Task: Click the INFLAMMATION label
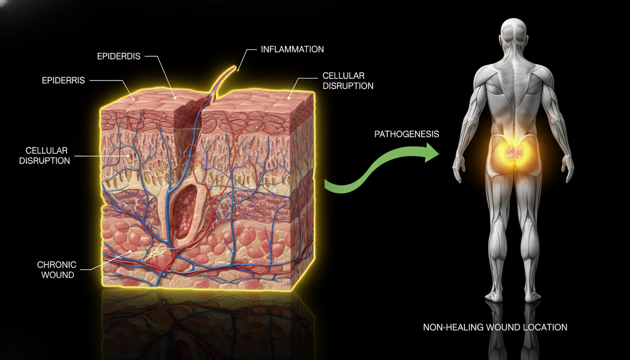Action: [292, 50]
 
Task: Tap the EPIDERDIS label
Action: [119, 56]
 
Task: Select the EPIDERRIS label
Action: [63, 81]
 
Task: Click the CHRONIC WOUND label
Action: [57, 270]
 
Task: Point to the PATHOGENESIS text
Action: [406, 134]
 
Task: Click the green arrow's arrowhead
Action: [431, 152]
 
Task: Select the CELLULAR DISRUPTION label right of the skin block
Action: [348, 81]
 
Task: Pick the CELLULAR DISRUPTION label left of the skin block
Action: [45, 156]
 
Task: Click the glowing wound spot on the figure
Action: [514, 154]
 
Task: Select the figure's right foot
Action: [532, 296]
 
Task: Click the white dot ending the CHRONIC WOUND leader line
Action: [130, 251]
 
